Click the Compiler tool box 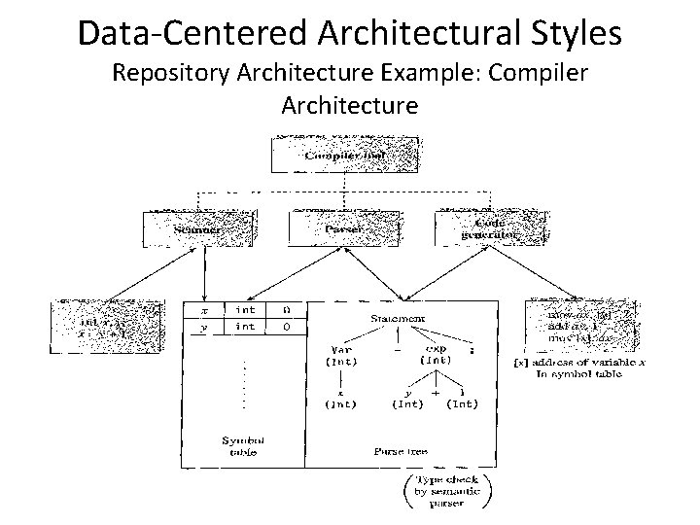(346, 155)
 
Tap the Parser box (338, 227)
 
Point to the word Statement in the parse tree (397, 317)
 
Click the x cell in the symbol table (203, 309)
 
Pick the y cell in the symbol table (203, 327)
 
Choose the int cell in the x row (245, 309)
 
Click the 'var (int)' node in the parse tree (340, 355)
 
